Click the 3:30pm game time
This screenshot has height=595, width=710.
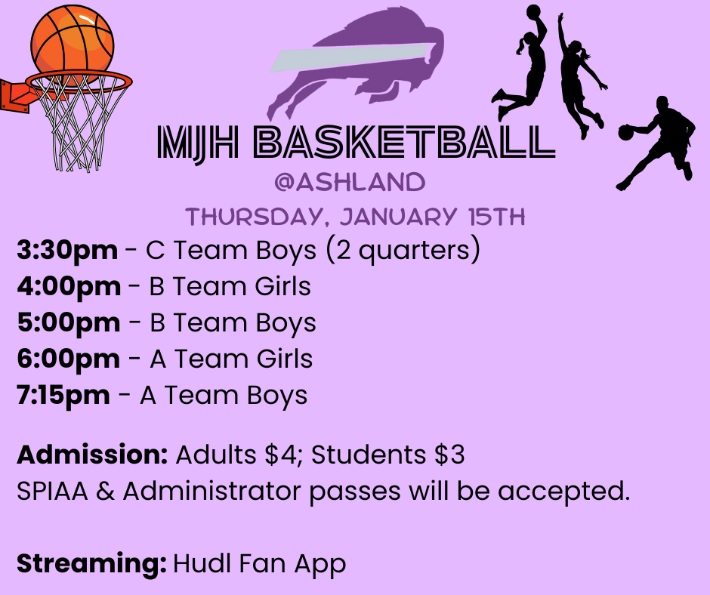tap(67, 251)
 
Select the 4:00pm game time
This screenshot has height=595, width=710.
tap(69, 287)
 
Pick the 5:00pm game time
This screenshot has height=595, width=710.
tap(69, 323)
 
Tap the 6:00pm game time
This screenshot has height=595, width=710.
tap(68, 359)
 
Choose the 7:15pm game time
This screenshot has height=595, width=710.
tap(63, 396)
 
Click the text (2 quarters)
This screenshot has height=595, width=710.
tap(402, 251)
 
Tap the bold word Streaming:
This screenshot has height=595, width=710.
tap(91, 564)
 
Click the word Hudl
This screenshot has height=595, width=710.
tap(196, 564)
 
